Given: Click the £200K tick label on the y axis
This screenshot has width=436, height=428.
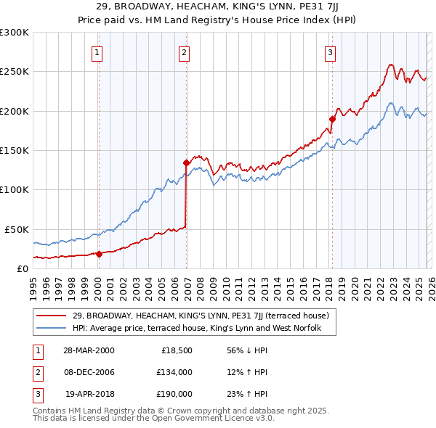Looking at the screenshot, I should click(14, 111).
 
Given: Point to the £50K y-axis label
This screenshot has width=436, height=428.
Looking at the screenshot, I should click(16, 229).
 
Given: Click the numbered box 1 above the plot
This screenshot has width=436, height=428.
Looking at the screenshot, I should click(97, 52).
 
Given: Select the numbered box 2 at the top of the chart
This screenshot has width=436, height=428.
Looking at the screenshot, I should click(185, 52).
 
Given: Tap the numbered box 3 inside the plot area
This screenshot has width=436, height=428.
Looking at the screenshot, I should click(330, 52).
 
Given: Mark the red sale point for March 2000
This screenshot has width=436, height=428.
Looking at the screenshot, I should click(100, 254).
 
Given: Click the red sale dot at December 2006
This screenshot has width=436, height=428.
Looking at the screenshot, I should click(187, 162).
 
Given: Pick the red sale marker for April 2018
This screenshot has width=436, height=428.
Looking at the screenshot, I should click(332, 119).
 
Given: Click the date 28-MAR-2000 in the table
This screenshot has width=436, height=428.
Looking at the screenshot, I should click(89, 350).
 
